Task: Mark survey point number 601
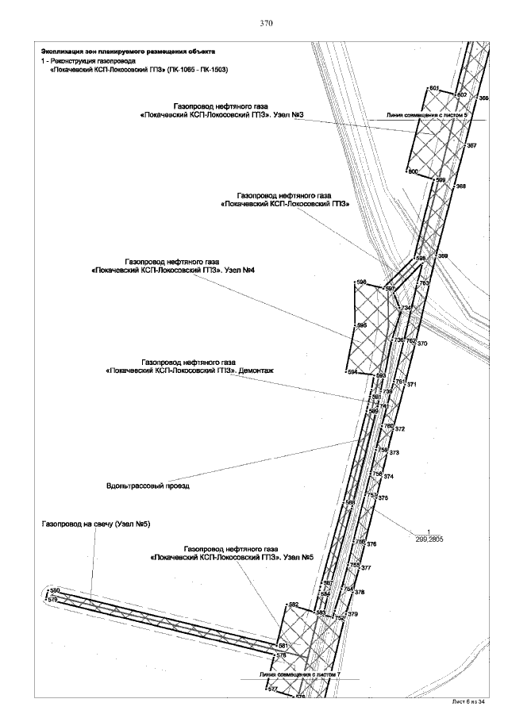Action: pyautogui.click(x=434, y=88)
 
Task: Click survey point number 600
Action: pyautogui.click(x=412, y=171)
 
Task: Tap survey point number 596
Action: pyautogui.click(x=361, y=282)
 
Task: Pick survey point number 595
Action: pyautogui.click(x=362, y=325)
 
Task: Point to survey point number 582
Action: pyautogui.click(x=293, y=605)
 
